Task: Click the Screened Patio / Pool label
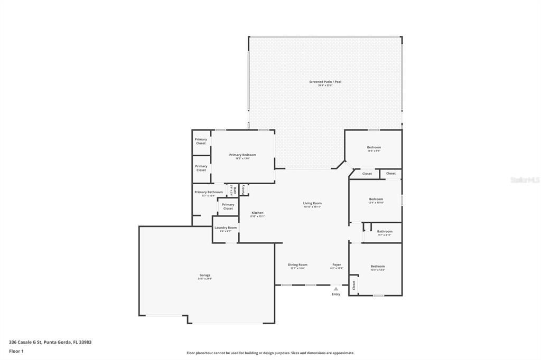tap(325, 82)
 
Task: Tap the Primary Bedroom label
tap(242, 155)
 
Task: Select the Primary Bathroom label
tap(208, 192)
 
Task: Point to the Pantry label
tap(243, 189)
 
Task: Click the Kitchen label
tap(257, 213)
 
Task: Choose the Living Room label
tap(312, 203)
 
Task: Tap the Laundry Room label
tap(226, 228)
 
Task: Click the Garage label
tap(205, 275)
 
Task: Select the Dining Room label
tap(297, 265)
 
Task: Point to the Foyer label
tap(337, 265)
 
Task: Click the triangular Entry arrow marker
tap(336, 289)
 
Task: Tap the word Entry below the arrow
tap(336, 295)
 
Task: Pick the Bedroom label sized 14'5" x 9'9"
tap(374, 147)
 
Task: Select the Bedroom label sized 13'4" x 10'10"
tap(376, 199)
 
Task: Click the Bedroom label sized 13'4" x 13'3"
tap(377, 267)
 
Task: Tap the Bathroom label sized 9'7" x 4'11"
tap(385, 231)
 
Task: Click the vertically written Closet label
tap(354, 285)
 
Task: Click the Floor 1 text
tap(16, 351)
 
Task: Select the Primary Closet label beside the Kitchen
tap(228, 206)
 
